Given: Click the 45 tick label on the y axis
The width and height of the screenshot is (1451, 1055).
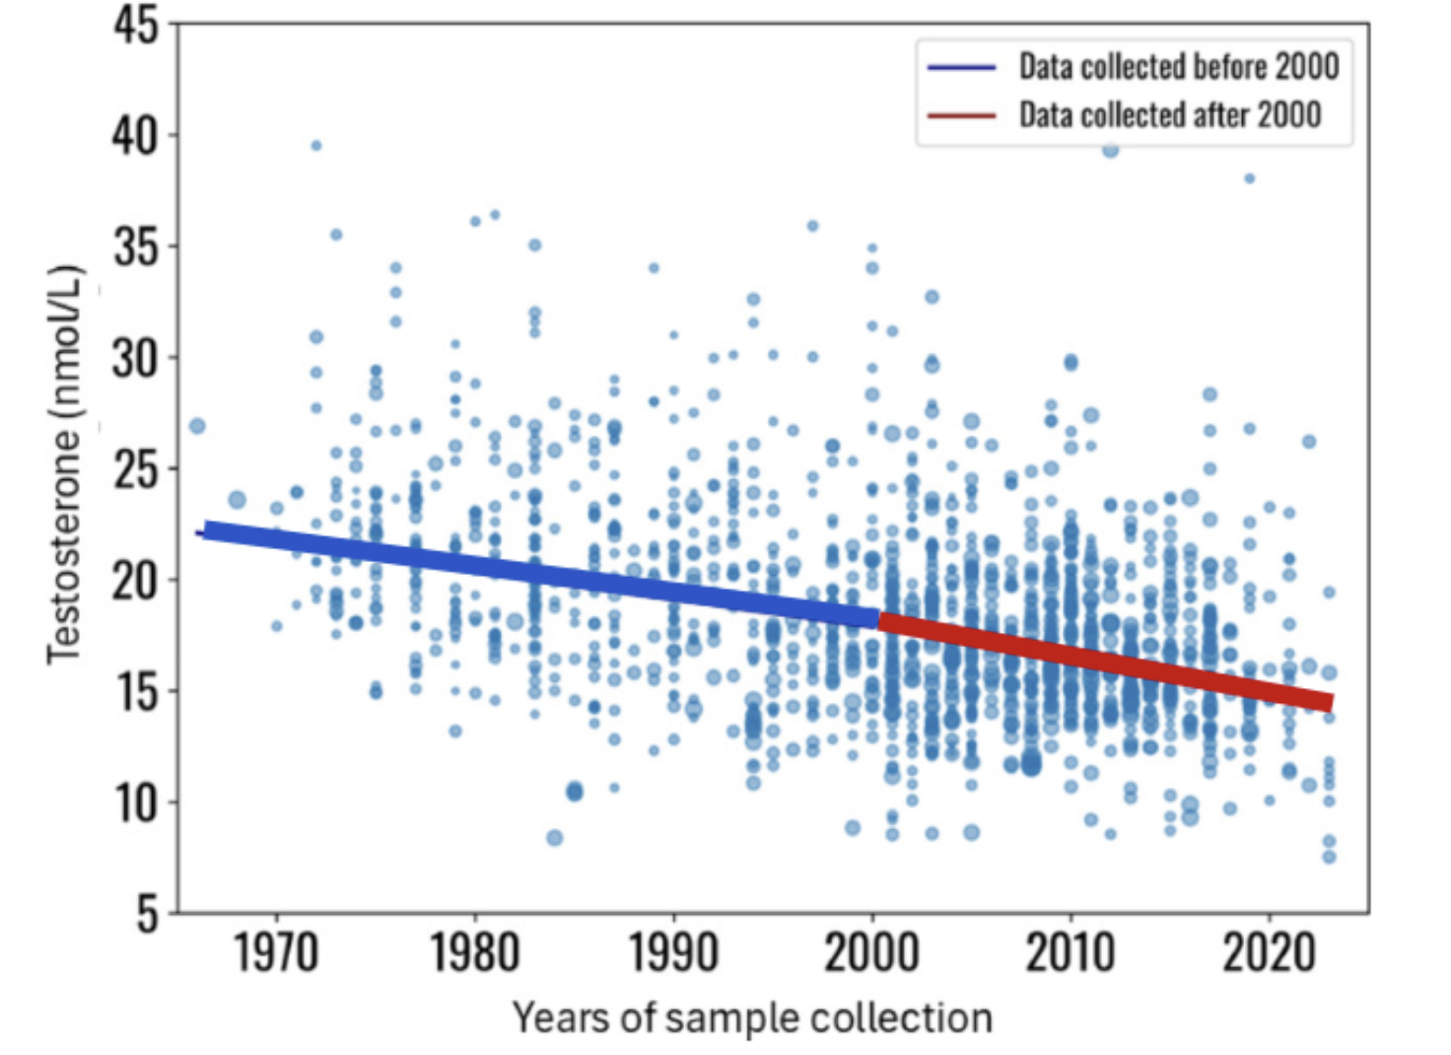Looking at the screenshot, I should click(x=135, y=25).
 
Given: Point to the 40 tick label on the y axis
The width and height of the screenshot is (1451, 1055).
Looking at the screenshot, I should click(x=135, y=136).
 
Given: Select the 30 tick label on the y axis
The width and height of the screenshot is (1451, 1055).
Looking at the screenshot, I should click(x=135, y=358).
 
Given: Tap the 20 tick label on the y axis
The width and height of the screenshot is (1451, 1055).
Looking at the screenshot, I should click(x=135, y=581).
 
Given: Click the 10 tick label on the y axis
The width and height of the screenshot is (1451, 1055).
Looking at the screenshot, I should click(x=135, y=803).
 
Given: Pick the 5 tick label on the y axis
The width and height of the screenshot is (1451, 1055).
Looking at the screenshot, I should click(x=146, y=914).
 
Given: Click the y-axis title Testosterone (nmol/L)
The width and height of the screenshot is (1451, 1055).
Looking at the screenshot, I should click(x=64, y=463).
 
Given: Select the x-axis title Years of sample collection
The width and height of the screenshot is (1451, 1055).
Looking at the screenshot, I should click(x=752, y=1018).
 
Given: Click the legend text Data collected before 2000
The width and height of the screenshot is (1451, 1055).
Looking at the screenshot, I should click(x=1178, y=67).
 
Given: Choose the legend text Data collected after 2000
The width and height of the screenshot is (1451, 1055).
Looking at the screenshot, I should click(x=1169, y=115).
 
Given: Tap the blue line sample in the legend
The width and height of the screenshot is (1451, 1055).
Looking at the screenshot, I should click(x=961, y=67).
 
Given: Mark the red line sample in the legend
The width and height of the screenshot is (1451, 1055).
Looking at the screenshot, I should click(x=961, y=115).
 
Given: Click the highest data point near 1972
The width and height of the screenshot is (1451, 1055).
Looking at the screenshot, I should click(x=315, y=146).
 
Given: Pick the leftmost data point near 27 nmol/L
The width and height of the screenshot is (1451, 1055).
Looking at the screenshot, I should click(x=197, y=426).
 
